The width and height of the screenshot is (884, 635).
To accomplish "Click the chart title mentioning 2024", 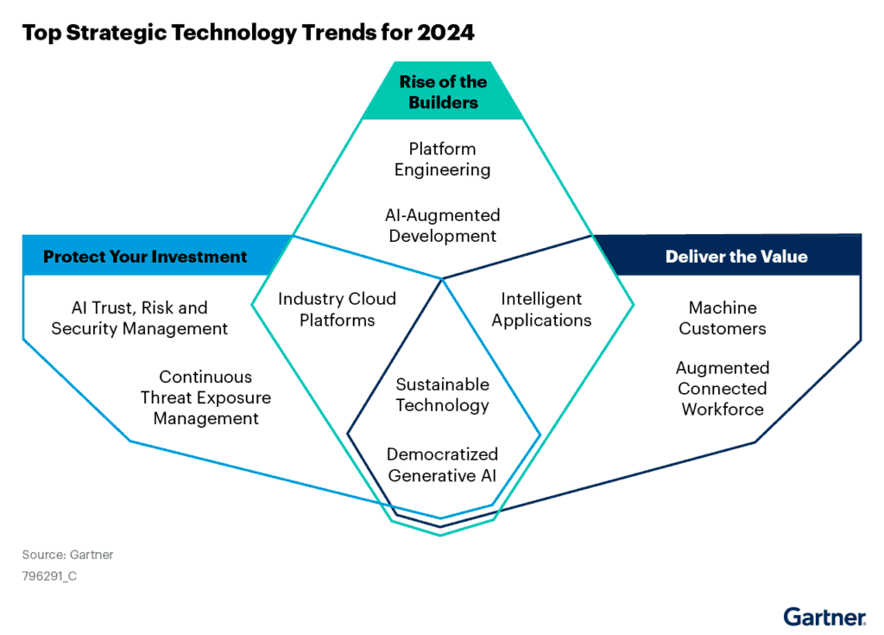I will pyautogui.click(x=248, y=33).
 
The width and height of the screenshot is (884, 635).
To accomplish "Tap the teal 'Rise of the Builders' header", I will pyautogui.click(x=443, y=92).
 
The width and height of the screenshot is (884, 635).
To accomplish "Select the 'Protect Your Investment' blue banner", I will pyautogui.click(x=145, y=257).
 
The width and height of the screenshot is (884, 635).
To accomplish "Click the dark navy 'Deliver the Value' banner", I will pyautogui.click(x=736, y=257).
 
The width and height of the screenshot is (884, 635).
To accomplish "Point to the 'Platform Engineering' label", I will pyautogui.click(x=443, y=160).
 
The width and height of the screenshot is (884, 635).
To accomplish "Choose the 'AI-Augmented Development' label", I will pyautogui.click(x=443, y=225).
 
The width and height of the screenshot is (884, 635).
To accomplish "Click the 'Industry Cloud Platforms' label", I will pyautogui.click(x=337, y=309).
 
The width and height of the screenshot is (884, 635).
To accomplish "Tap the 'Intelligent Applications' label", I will pyautogui.click(x=542, y=309).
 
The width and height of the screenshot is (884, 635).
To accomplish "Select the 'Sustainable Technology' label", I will pyautogui.click(x=443, y=395).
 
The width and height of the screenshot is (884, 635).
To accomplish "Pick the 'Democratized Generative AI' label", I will pyautogui.click(x=443, y=464).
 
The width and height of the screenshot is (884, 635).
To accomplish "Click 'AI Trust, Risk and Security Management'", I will pyautogui.click(x=140, y=318).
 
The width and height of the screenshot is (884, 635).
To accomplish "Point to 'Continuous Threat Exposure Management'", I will pyautogui.click(x=206, y=397).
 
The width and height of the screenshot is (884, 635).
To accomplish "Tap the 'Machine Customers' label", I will pyautogui.click(x=723, y=318).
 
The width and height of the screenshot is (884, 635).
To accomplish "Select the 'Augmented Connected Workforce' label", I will pyautogui.click(x=723, y=389).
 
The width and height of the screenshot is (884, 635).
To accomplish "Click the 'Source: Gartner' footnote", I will pyautogui.click(x=67, y=555).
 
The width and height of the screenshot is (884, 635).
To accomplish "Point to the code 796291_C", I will pyautogui.click(x=49, y=575).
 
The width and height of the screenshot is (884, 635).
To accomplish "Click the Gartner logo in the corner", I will pyautogui.click(x=824, y=617).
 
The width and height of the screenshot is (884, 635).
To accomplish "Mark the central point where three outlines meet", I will pyautogui.click(x=442, y=278).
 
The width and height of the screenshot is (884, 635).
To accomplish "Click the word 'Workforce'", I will pyautogui.click(x=723, y=410).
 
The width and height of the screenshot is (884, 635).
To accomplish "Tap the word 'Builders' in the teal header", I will pyautogui.click(x=443, y=103).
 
